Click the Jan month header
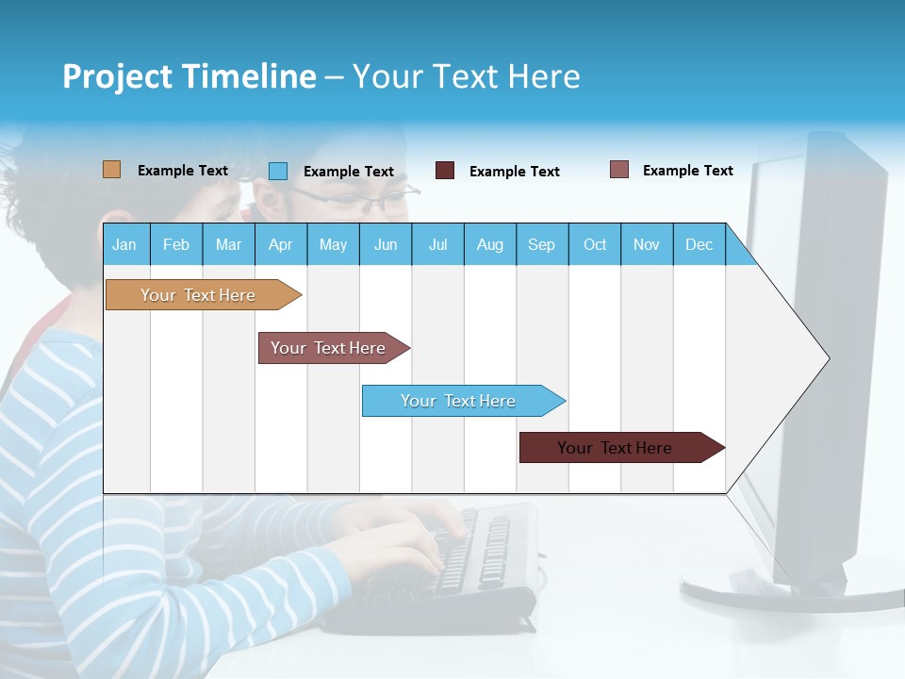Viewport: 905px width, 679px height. (124, 244)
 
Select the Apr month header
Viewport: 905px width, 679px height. (280, 244)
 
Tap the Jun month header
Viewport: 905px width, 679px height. (386, 244)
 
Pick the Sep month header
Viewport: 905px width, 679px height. (541, 244)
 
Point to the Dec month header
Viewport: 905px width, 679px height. (699, 244)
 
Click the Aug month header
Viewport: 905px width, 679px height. (489, 244)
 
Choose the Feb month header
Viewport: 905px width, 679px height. (176, 244)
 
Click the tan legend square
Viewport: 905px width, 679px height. (112, 170)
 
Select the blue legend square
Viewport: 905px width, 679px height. (278, 171)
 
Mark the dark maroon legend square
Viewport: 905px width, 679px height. (445, 171)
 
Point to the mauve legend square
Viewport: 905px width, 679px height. (619, 170)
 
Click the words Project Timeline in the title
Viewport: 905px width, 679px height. (189, 76)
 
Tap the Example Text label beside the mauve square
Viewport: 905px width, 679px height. (687, 171)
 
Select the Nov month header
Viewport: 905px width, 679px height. (647, 244)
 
